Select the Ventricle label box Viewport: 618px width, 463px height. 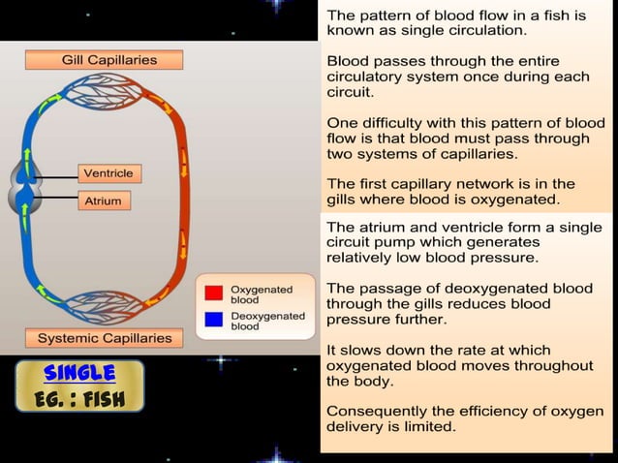108,173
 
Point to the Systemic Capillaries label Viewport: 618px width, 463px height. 105,338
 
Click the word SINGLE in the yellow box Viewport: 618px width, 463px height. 80,373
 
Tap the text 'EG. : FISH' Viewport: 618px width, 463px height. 80,398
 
